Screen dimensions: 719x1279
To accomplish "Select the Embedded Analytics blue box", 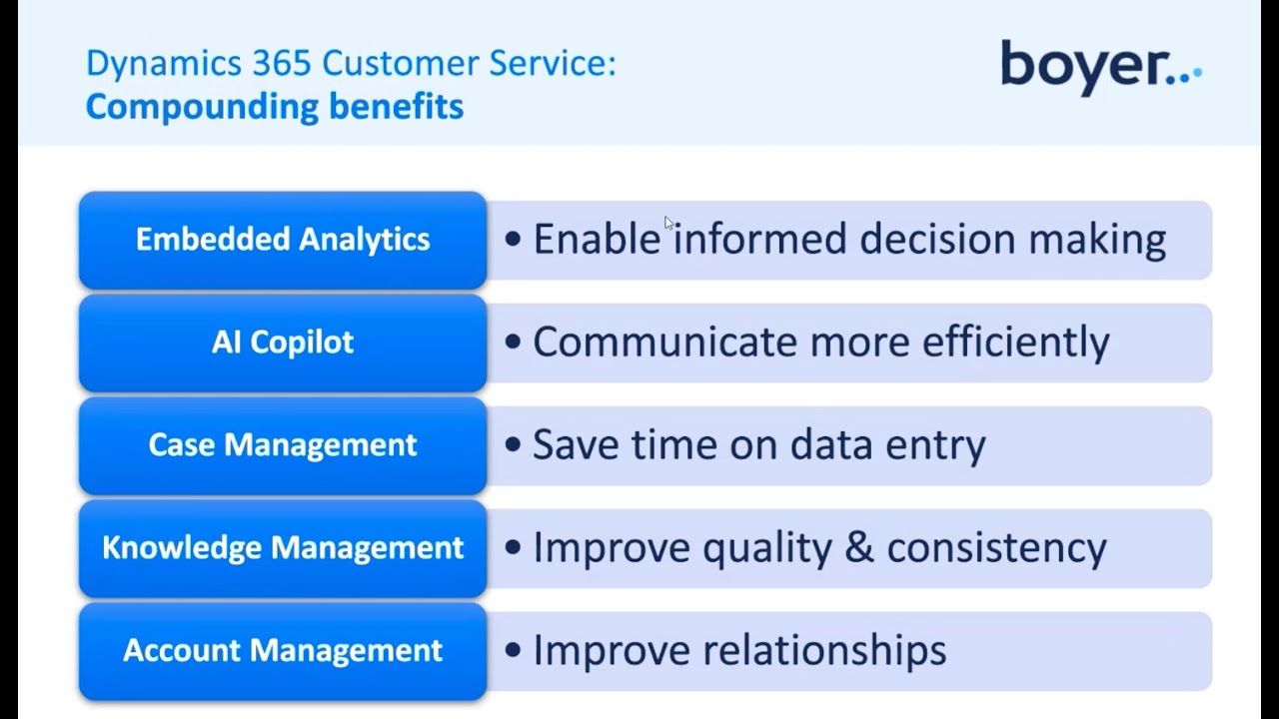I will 283,240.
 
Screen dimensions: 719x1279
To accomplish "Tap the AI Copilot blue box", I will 283,343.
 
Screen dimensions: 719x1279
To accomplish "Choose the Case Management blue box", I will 283,445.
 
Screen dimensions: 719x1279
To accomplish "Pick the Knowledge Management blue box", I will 283,548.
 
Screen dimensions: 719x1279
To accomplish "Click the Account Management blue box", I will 283,651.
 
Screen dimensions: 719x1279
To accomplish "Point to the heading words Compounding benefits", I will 274,106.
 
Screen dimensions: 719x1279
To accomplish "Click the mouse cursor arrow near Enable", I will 668,223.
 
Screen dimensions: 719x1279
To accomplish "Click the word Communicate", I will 664,343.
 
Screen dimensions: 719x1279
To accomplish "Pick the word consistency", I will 996,548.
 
